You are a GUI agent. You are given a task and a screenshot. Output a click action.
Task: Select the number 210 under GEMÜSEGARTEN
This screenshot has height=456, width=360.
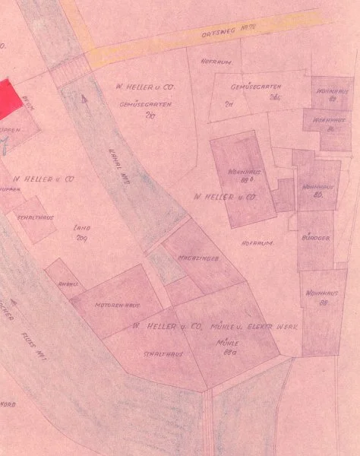coord(148,116)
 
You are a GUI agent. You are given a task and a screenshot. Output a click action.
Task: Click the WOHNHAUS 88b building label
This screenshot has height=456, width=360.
coord(244,176)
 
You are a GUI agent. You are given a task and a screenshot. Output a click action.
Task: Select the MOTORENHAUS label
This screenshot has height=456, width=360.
coord(117,305)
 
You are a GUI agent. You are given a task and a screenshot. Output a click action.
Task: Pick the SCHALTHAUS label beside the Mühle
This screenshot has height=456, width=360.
coord(159,353)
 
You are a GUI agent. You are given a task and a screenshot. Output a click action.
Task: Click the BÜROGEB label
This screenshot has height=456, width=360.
coord(316,238)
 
